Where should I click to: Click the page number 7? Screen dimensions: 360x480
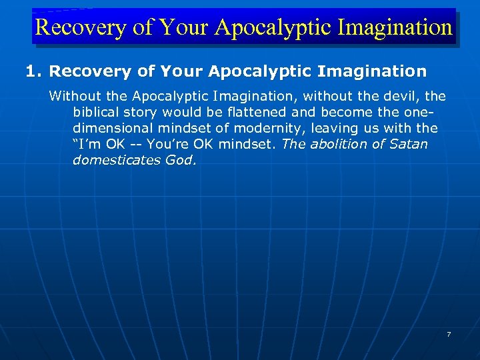(449, 334)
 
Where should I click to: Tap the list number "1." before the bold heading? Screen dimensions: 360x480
(34, 71)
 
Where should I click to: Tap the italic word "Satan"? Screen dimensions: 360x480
(408, 145)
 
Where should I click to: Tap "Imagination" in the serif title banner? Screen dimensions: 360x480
(396, 27)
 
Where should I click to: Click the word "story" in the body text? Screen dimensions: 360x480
(145, 113)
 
